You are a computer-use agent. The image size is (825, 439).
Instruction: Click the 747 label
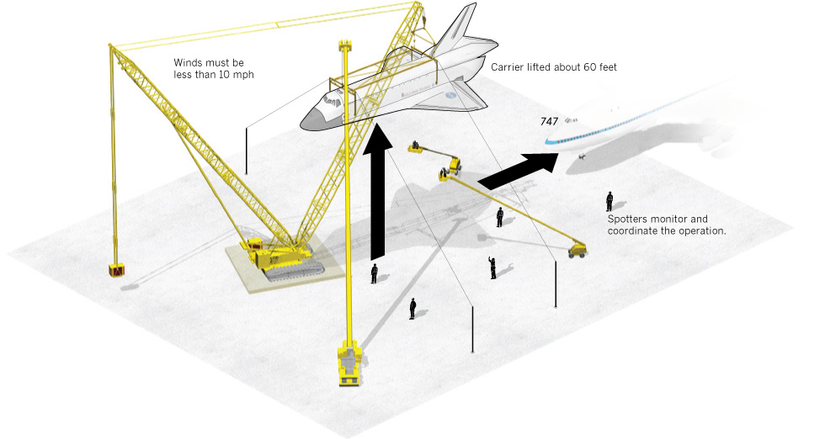coord(549,121)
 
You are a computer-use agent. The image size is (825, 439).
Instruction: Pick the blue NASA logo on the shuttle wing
coord(451,95)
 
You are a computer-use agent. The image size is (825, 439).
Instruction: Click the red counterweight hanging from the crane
coord(116,270)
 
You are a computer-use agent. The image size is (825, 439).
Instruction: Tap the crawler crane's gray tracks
coord(295,268)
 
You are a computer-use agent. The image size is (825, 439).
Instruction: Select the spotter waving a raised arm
coord(492,267)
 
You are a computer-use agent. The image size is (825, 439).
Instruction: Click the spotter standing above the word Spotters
coord(609,201)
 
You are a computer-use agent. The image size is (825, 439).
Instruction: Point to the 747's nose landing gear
coord(582,156)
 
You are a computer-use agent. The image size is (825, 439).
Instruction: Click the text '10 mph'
coord(237,75)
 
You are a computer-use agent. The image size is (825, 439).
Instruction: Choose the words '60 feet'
coord(600,67)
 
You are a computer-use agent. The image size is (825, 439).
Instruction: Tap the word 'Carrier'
coord(506,67)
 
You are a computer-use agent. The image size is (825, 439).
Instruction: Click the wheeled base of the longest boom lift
coord(577,251)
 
